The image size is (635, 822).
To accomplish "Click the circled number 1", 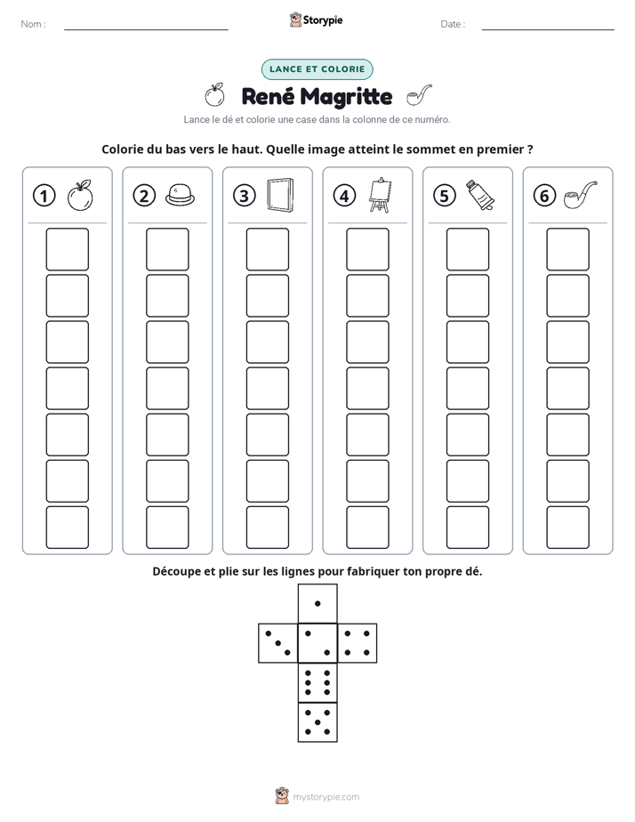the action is [x=44, y=196].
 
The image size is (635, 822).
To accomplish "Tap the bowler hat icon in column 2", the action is [x=180, y=195].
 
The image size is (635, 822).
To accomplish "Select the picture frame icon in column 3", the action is [x=280, y=196].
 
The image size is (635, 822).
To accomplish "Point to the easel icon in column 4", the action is [x=381, y=195].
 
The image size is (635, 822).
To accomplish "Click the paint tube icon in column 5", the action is [x=480, y=195].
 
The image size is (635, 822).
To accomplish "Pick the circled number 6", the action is [x=544, y=196].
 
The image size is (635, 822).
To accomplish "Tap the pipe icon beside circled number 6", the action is [x=580, y=195].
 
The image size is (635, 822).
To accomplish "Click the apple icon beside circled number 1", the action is [x=80, y=196].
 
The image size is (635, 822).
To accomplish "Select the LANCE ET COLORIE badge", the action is [x=317, y=69].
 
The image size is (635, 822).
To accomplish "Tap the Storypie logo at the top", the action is [x=316, y=20].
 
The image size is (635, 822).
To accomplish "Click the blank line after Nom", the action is [x=146, y=29].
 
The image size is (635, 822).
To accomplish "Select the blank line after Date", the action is [x=548, y=29].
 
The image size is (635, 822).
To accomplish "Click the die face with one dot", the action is [x=317, y=603].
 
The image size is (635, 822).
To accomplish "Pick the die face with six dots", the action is [x=317, y=682].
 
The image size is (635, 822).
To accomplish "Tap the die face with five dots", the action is [x=317, y=722].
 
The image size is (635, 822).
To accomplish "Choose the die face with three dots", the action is [x=278, y=642].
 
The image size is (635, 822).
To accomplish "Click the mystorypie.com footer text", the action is [x=326, y=797].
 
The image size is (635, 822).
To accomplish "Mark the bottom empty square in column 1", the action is [x=67, y=528].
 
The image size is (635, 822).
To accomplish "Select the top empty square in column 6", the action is [x=568, y=249].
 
